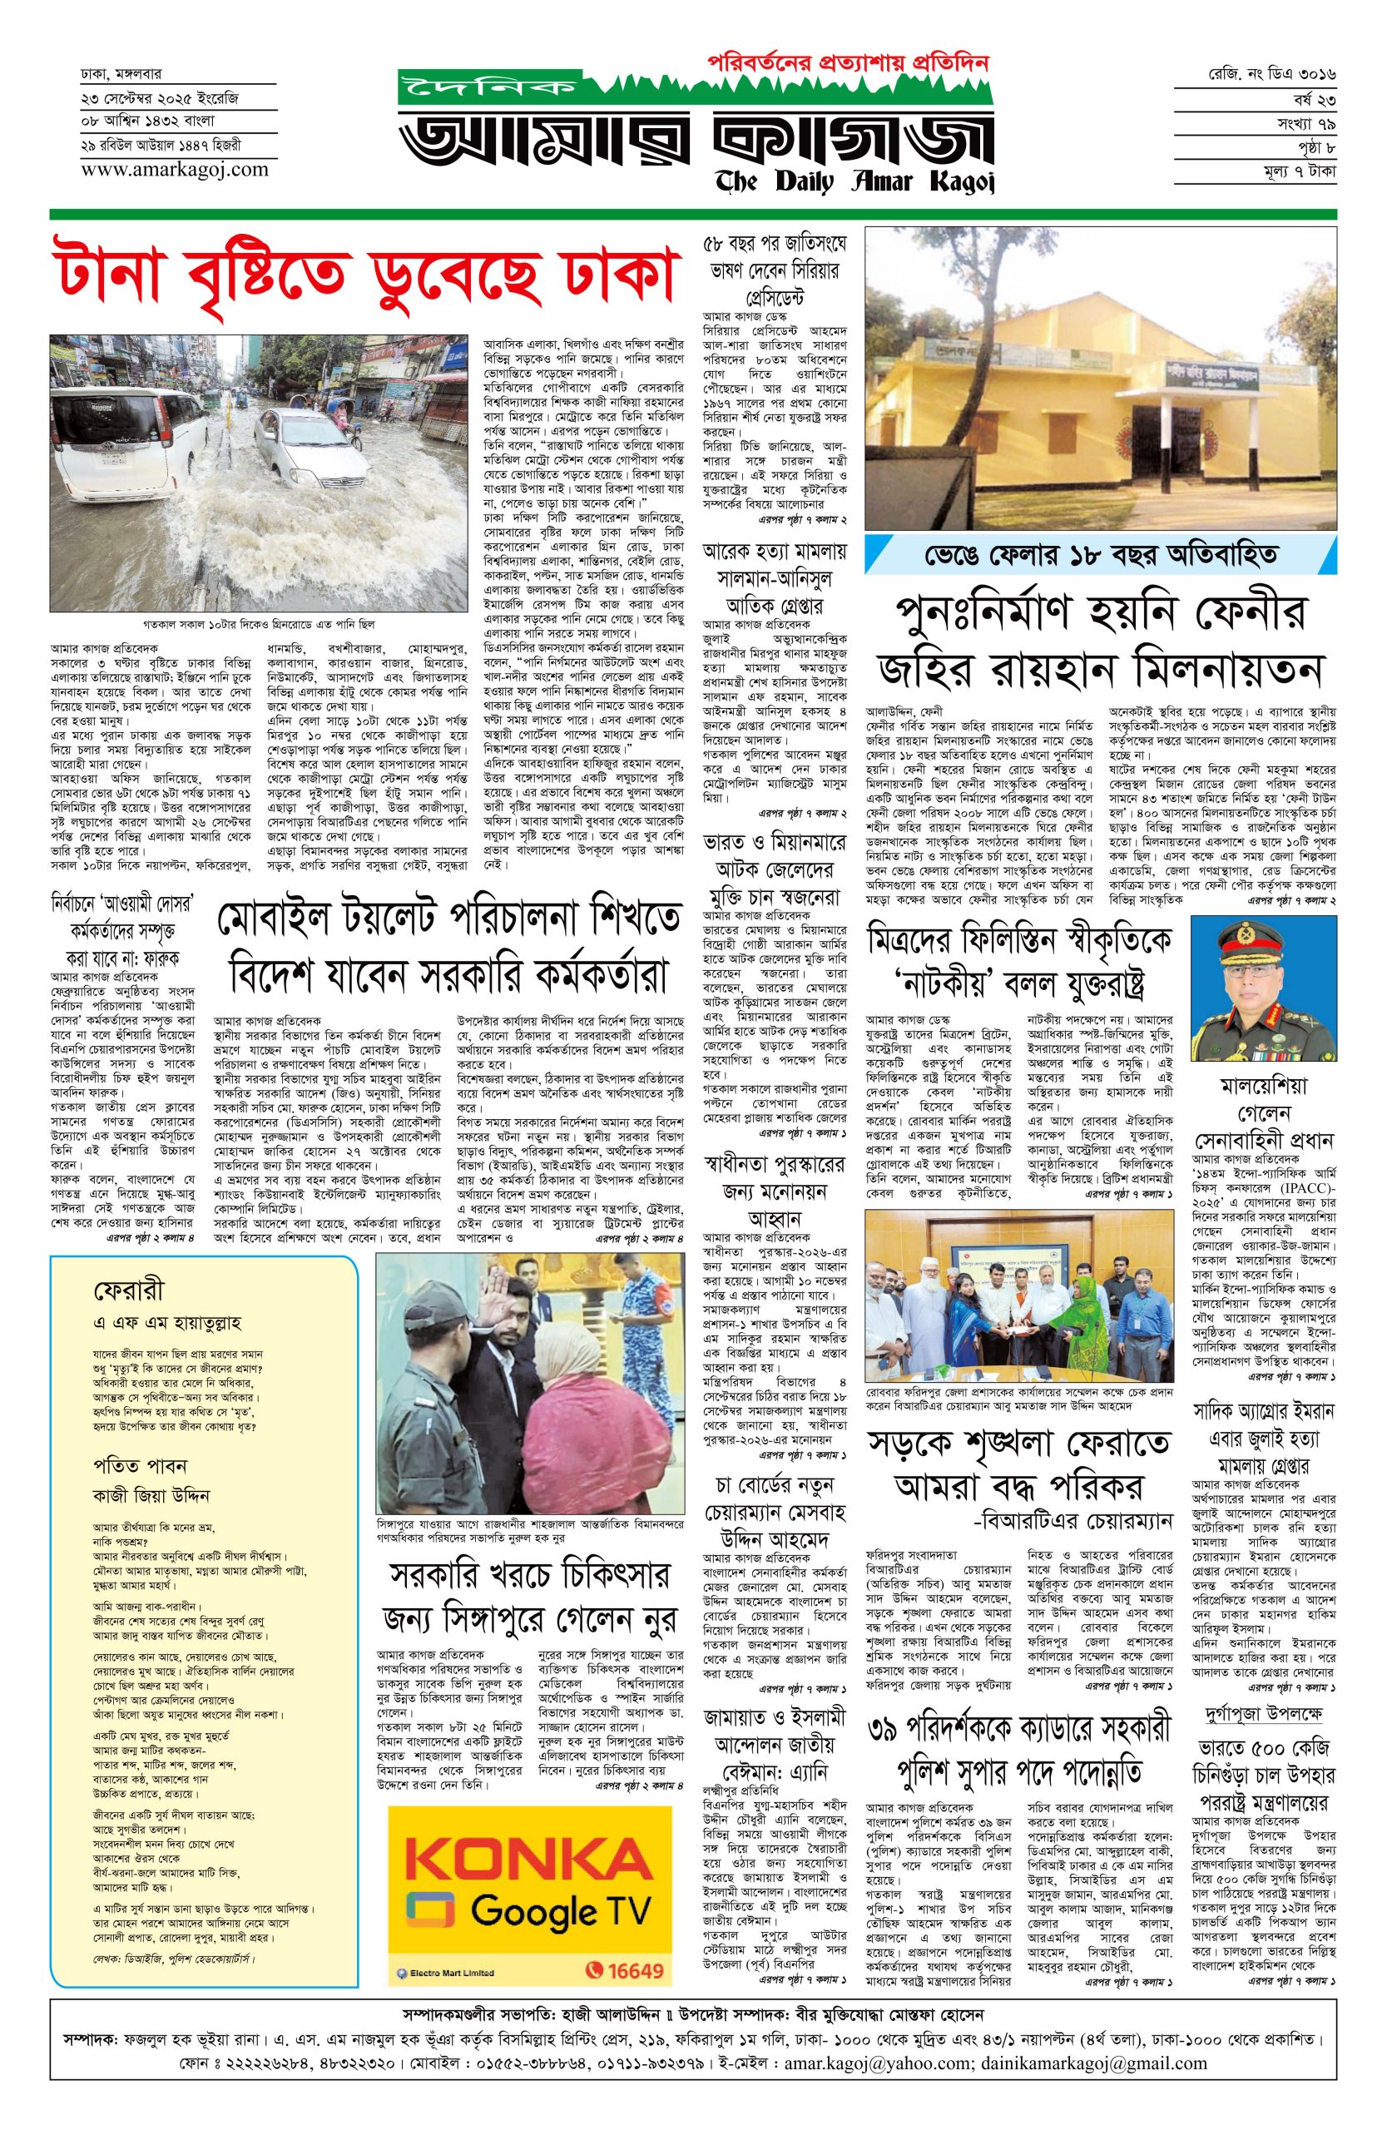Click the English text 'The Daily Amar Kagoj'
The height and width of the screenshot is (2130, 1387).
(854, 182)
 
